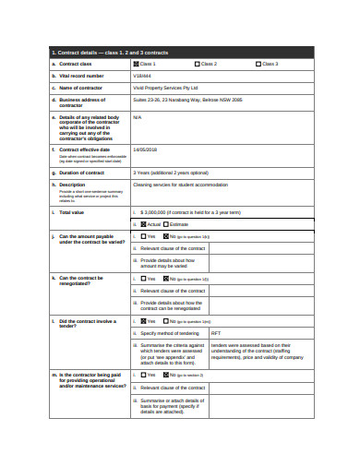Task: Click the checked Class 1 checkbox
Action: click(x=136, y=64)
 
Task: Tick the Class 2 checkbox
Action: click(x=197, y=64)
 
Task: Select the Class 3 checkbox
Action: click(x=258, y=64)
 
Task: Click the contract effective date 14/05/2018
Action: click(x=146, y=149)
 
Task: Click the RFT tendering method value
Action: click(x=216, y=332)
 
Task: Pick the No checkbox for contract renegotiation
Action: click(x=167, y=278)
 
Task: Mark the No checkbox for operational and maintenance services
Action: click(x=167, y=375)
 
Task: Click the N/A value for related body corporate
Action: click(x=138, y=117)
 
